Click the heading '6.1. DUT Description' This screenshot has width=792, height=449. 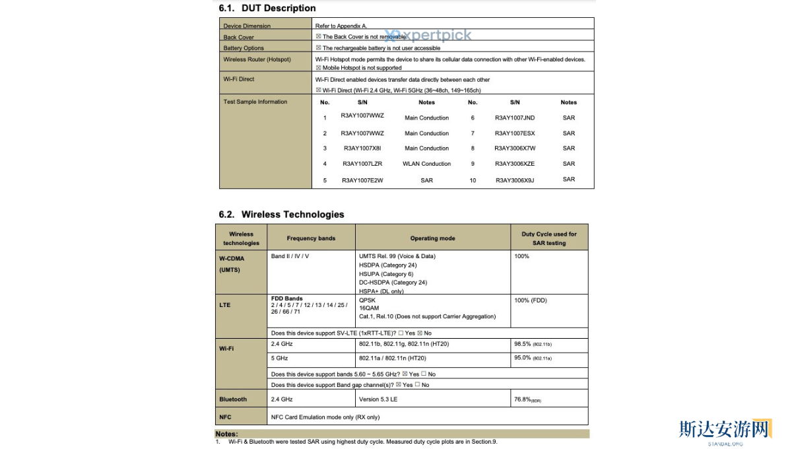(267, 9)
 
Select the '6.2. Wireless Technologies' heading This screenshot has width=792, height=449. (282, 215)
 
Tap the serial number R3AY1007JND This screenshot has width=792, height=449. (515, 118)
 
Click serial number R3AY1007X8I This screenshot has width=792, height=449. (362, 149)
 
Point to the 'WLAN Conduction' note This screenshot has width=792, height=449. (426, 164)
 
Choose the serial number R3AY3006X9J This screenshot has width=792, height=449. (515, 180)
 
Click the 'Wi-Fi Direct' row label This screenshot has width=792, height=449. (239, 79)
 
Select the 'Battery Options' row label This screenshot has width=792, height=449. (244, 48)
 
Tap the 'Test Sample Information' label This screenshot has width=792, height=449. (255, 102)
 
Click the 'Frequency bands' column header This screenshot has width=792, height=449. (311, 238)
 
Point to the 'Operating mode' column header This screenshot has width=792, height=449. (432, 238)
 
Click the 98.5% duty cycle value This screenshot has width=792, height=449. (523, 344)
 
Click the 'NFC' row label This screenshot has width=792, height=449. (225, 417)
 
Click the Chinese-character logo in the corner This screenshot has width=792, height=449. (725, 429)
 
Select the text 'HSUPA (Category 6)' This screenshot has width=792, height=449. (386, 274)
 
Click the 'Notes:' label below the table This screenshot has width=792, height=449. (226, 434)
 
